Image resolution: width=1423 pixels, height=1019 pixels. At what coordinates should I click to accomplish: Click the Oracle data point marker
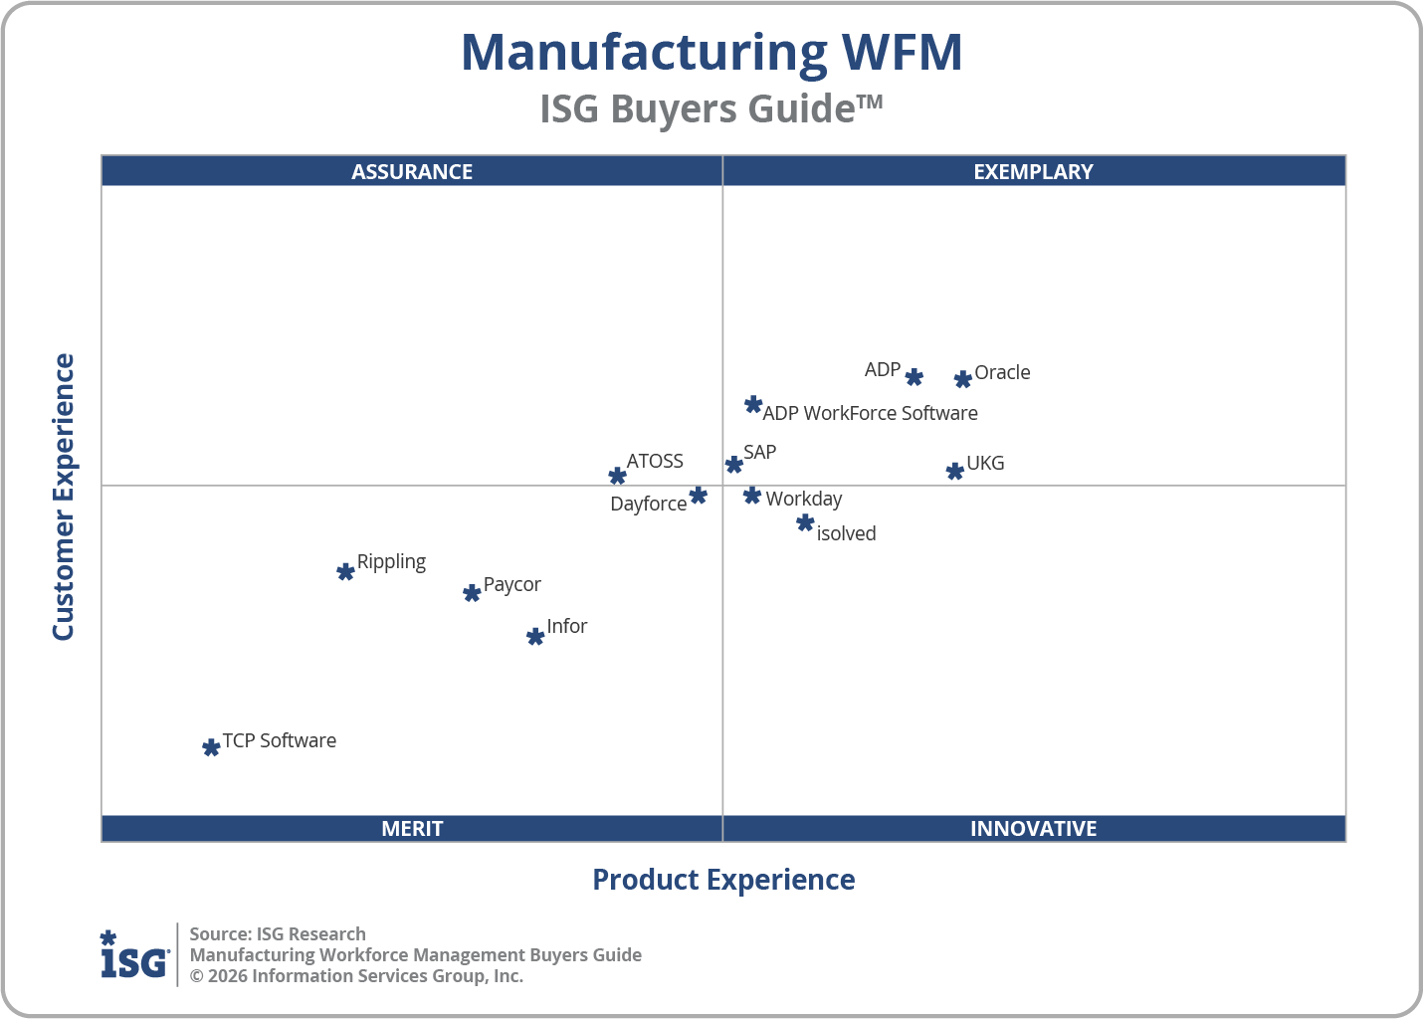click(x=962, y=379)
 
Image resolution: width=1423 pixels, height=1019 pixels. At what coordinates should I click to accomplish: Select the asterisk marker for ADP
click(x=914, y=377)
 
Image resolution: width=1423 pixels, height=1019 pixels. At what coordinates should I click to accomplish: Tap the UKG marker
click(x=954, y=471)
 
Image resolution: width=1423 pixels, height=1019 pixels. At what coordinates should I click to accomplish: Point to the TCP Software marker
click(x=211, y=747)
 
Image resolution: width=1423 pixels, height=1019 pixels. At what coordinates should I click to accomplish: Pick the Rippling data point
click(x=345, y=571)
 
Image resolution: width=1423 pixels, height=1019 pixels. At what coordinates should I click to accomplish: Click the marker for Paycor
click(x=472, y=593)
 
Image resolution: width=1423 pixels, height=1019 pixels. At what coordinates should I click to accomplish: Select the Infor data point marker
click(x=535, y=636)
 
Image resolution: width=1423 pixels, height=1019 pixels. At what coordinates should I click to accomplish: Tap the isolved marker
click(x=805, y=522)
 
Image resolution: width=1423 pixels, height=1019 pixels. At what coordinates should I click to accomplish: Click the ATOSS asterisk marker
click(x=617, y=476)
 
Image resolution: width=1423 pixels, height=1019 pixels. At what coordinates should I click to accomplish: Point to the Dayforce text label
click(x=648, y=504)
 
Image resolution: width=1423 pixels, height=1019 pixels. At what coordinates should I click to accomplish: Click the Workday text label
click(x=803, y=499)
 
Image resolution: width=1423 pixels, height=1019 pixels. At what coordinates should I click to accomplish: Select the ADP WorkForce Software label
click(x=870, y=413)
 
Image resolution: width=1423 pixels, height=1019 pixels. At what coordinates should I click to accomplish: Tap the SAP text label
click(x=759, y=452)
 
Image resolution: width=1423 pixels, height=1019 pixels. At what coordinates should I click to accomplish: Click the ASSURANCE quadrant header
click(x=412, y=171)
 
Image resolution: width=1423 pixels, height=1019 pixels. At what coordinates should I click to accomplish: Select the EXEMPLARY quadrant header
click(x=1033, y=171)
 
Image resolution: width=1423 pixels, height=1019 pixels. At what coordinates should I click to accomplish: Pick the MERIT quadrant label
click(x=412, y=828)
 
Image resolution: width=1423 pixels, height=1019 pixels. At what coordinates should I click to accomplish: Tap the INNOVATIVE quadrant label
click(x=1033, y=828)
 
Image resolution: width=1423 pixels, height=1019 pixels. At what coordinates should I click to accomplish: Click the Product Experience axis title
click(x=723, y=880)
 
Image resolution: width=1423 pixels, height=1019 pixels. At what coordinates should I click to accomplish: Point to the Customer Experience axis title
click(x=64, y=498)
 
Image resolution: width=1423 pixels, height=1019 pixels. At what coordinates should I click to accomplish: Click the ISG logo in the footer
click(x=134, y=955)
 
